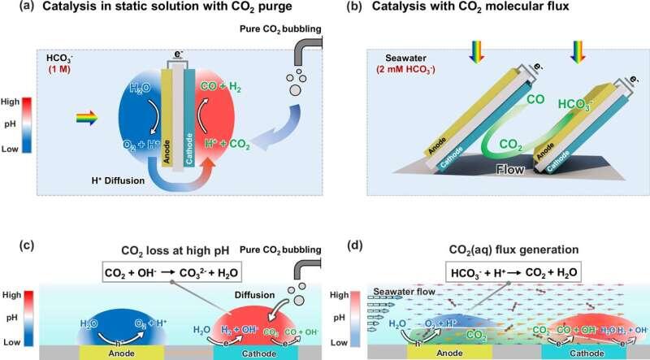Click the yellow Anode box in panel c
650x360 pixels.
click(x=110, y=352)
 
